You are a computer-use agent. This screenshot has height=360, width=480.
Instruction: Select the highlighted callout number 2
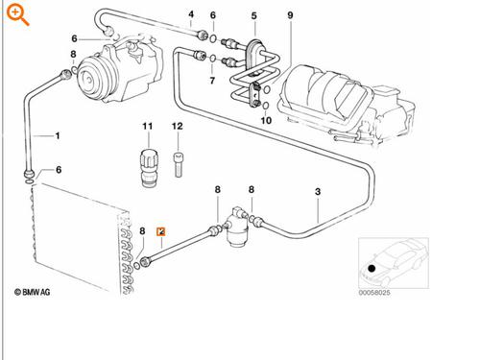pos(161,231)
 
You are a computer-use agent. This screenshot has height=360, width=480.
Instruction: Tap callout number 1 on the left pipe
pos(57,135)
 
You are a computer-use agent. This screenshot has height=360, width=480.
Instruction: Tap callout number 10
pos(266,120)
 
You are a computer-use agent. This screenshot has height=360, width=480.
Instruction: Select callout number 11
pos(148,127)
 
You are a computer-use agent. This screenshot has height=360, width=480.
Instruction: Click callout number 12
pos(178,127)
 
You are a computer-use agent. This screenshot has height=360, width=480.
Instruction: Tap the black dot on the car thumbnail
pos(371,266)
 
